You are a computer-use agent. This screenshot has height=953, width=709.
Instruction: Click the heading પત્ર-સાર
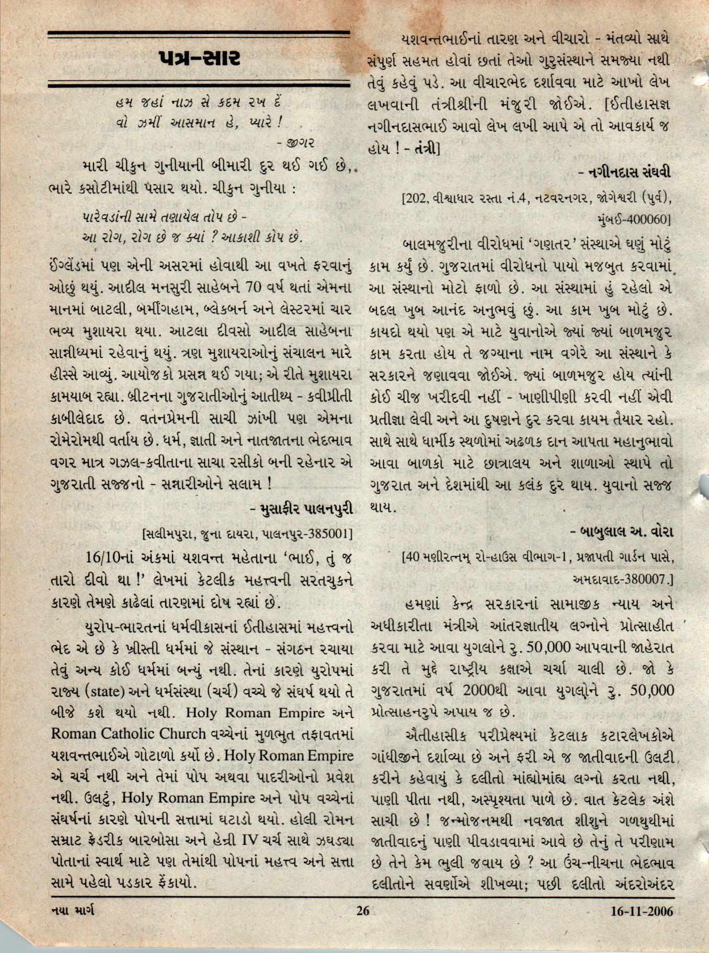(200, 59)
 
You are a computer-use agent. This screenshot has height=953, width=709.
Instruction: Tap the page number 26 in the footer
(362, 911)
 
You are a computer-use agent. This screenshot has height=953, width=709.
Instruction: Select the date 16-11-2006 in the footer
(642, 911)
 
